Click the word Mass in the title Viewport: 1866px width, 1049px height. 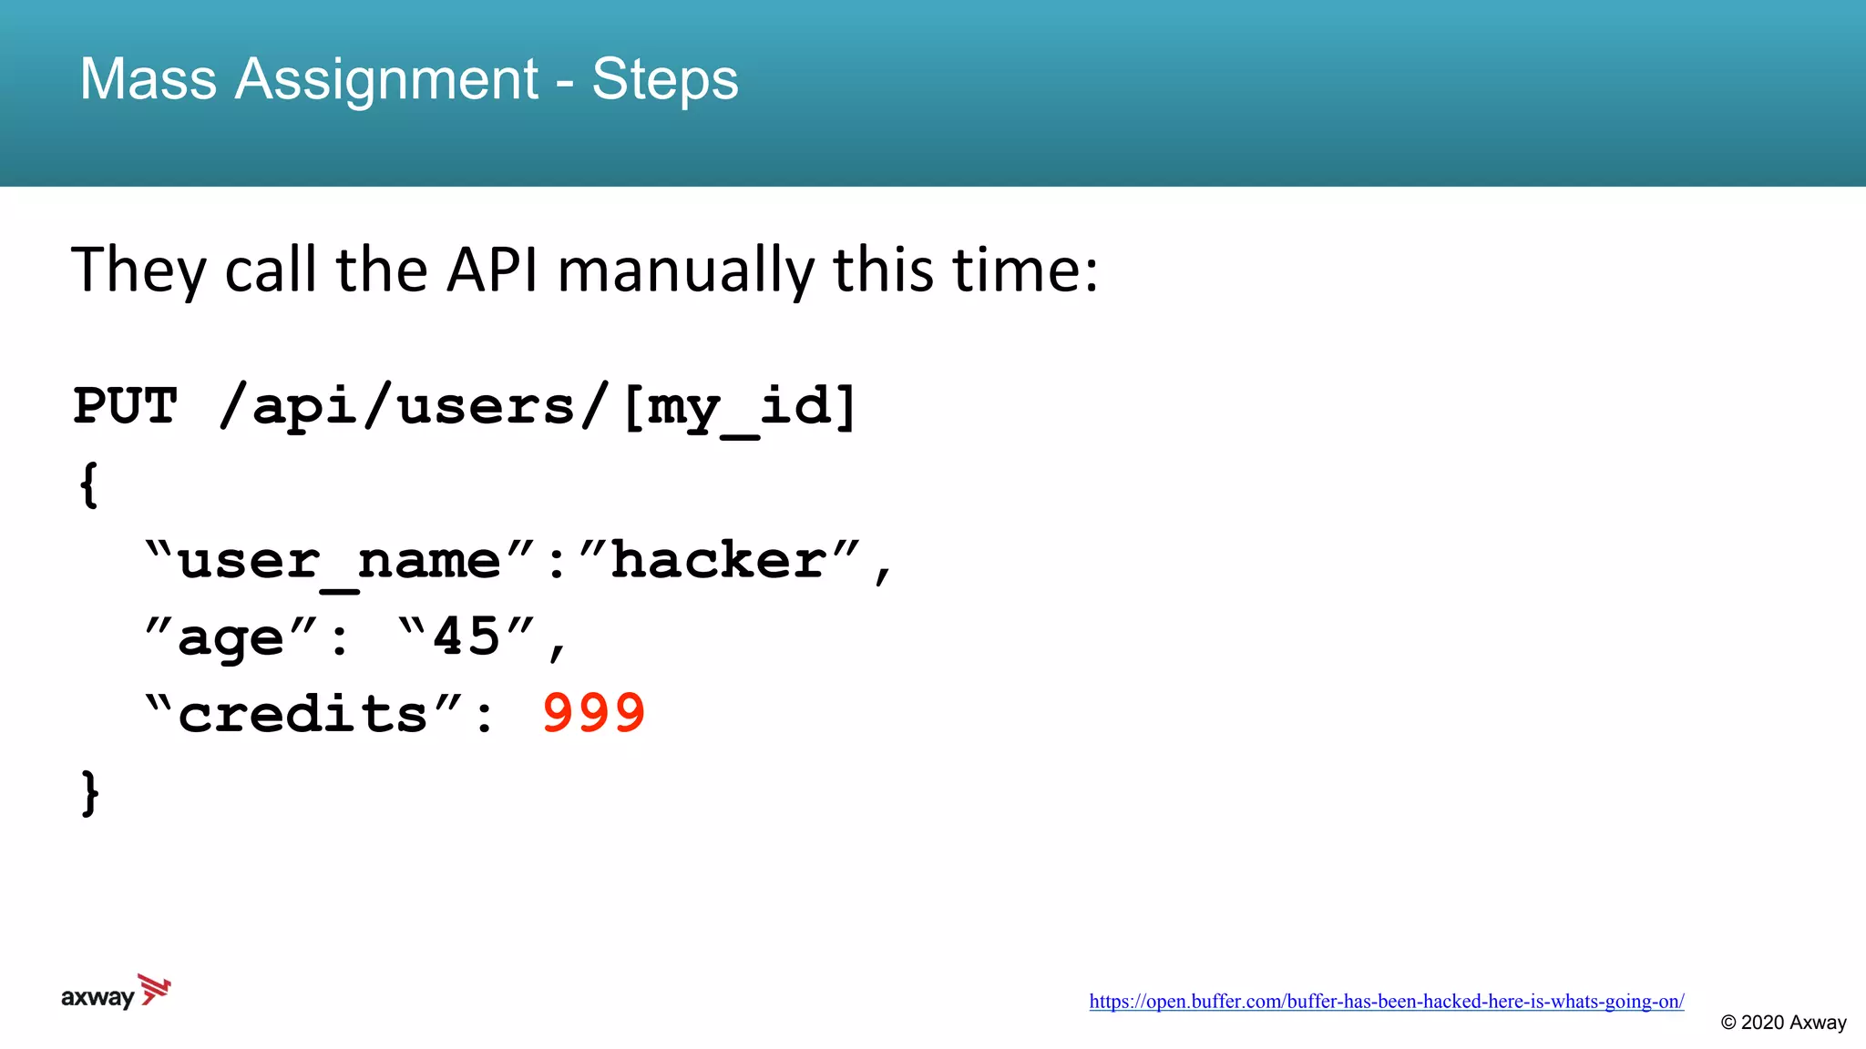(x=148, y=79)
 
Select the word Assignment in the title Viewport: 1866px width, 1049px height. (x=386, y=79)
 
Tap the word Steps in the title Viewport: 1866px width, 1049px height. (x=664, y=79)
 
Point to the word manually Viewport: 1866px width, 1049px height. (x=686, y=270)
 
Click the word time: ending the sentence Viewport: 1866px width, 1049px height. (x=1025, y=270)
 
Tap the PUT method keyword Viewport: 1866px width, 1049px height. (x=125, y=406)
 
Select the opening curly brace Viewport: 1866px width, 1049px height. (x=88, y=484)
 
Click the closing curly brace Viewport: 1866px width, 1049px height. (x=89, y=793)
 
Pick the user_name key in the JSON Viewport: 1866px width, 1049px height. (x=339, y=559)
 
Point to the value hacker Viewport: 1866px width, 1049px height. (x=719, y=559)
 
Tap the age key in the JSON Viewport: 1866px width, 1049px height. (x=231, y=637)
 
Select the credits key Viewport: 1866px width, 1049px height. (x=302, y=714)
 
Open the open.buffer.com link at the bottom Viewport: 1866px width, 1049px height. (x=1386, y=1002)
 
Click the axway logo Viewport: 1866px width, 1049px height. (x=115, y=993)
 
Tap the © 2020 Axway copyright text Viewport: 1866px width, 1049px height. (x=1783, y=1023)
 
